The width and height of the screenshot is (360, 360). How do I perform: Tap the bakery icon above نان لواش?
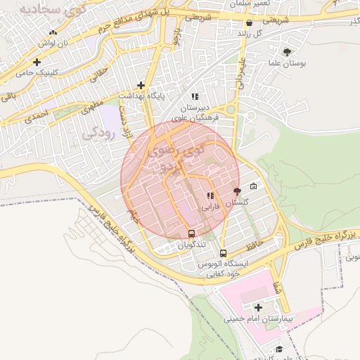click(53, 32)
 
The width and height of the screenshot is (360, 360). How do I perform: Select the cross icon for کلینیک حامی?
click(37, 62)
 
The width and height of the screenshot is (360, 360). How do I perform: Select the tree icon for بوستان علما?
click(287, 52)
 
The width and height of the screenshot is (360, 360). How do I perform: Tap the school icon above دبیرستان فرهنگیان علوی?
click(195, 96)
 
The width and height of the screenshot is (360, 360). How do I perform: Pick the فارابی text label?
click(210, 207)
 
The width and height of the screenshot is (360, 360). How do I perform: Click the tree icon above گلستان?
click(236, 191)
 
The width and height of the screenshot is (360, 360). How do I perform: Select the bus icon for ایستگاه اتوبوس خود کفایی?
click(224, 253)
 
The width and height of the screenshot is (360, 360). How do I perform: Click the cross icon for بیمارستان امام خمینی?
click(258, 307)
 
